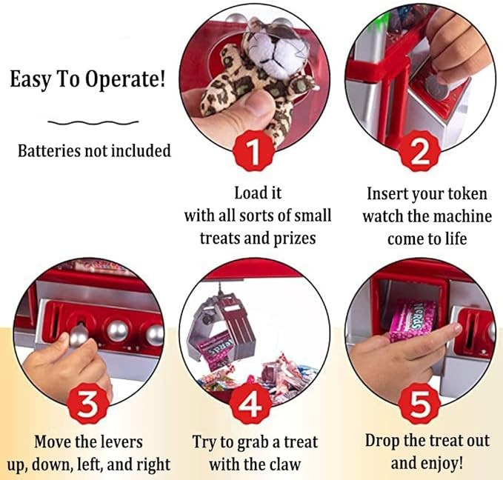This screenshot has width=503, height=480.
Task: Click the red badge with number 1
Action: pyautogui.click(x=254, y=151)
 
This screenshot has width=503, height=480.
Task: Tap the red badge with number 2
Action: pyautogui.click(x=419, y=151)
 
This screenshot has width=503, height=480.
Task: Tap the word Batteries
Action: pyautogui.click(x=49, y=150)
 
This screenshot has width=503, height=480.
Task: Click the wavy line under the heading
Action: pyautogui.click(x=93, y=122)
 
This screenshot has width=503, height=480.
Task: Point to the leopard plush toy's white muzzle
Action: pyautogui.click(x=273, y=49)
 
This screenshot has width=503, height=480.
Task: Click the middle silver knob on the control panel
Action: pyautogui.click(x=117, y=329)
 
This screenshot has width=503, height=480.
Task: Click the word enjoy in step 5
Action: pyautogui.click(x=441, y=464)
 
